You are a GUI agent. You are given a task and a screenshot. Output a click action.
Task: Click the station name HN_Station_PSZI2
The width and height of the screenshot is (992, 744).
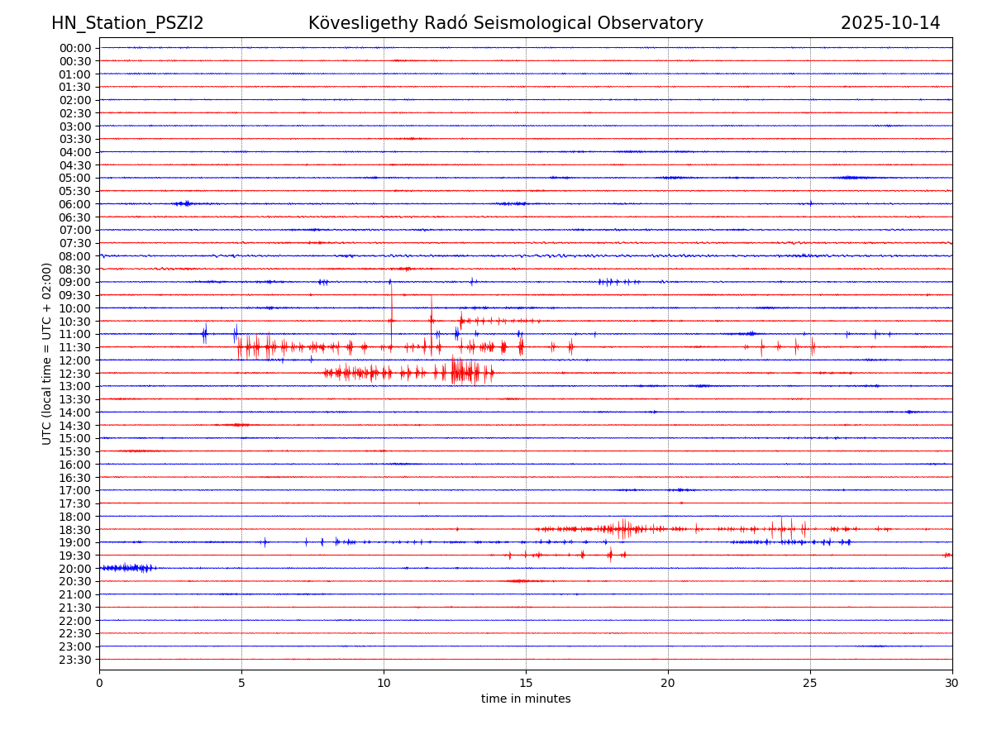click(x=127, y=24)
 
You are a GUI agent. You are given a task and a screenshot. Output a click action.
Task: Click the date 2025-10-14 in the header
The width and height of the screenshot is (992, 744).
click(x=890, y=24)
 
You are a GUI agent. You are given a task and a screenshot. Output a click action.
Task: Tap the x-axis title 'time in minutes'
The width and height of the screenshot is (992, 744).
click(x=526, y=699)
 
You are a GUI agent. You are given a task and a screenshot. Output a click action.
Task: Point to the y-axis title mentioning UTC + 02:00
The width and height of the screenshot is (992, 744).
click(x=47, y=354)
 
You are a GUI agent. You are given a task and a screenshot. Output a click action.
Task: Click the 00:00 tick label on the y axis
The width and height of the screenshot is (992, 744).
click(x=75, y=48)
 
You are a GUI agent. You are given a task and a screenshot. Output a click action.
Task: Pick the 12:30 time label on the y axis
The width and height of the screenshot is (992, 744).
click(x=75, y=374)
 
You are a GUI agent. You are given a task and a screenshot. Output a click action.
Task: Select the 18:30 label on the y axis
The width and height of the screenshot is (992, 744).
click(x=75, y=530)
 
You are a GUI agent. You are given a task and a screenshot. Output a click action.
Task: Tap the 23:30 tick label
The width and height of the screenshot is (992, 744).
click(x=75, y=660)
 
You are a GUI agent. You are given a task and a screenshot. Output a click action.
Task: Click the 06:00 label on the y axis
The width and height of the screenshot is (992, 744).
click(x=75, y=204)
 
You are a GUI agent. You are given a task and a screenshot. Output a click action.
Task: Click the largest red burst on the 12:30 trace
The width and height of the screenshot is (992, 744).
click(x=465, y=372)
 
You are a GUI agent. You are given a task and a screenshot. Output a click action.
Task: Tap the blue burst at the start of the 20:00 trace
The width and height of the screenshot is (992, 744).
click(x=128, y=568)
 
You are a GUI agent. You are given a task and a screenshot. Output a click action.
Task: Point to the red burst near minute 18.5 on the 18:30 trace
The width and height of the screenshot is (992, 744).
click(x=623, y=528)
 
